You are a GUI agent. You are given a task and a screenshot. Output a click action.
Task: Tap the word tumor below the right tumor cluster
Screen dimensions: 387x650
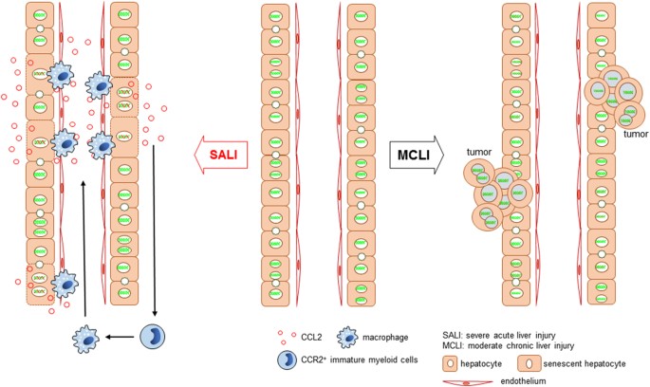point(633,134)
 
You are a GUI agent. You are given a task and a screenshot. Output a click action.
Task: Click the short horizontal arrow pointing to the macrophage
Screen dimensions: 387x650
point(121,336)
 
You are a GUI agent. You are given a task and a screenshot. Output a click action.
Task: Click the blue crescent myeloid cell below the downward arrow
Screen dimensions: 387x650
point(154,336)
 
